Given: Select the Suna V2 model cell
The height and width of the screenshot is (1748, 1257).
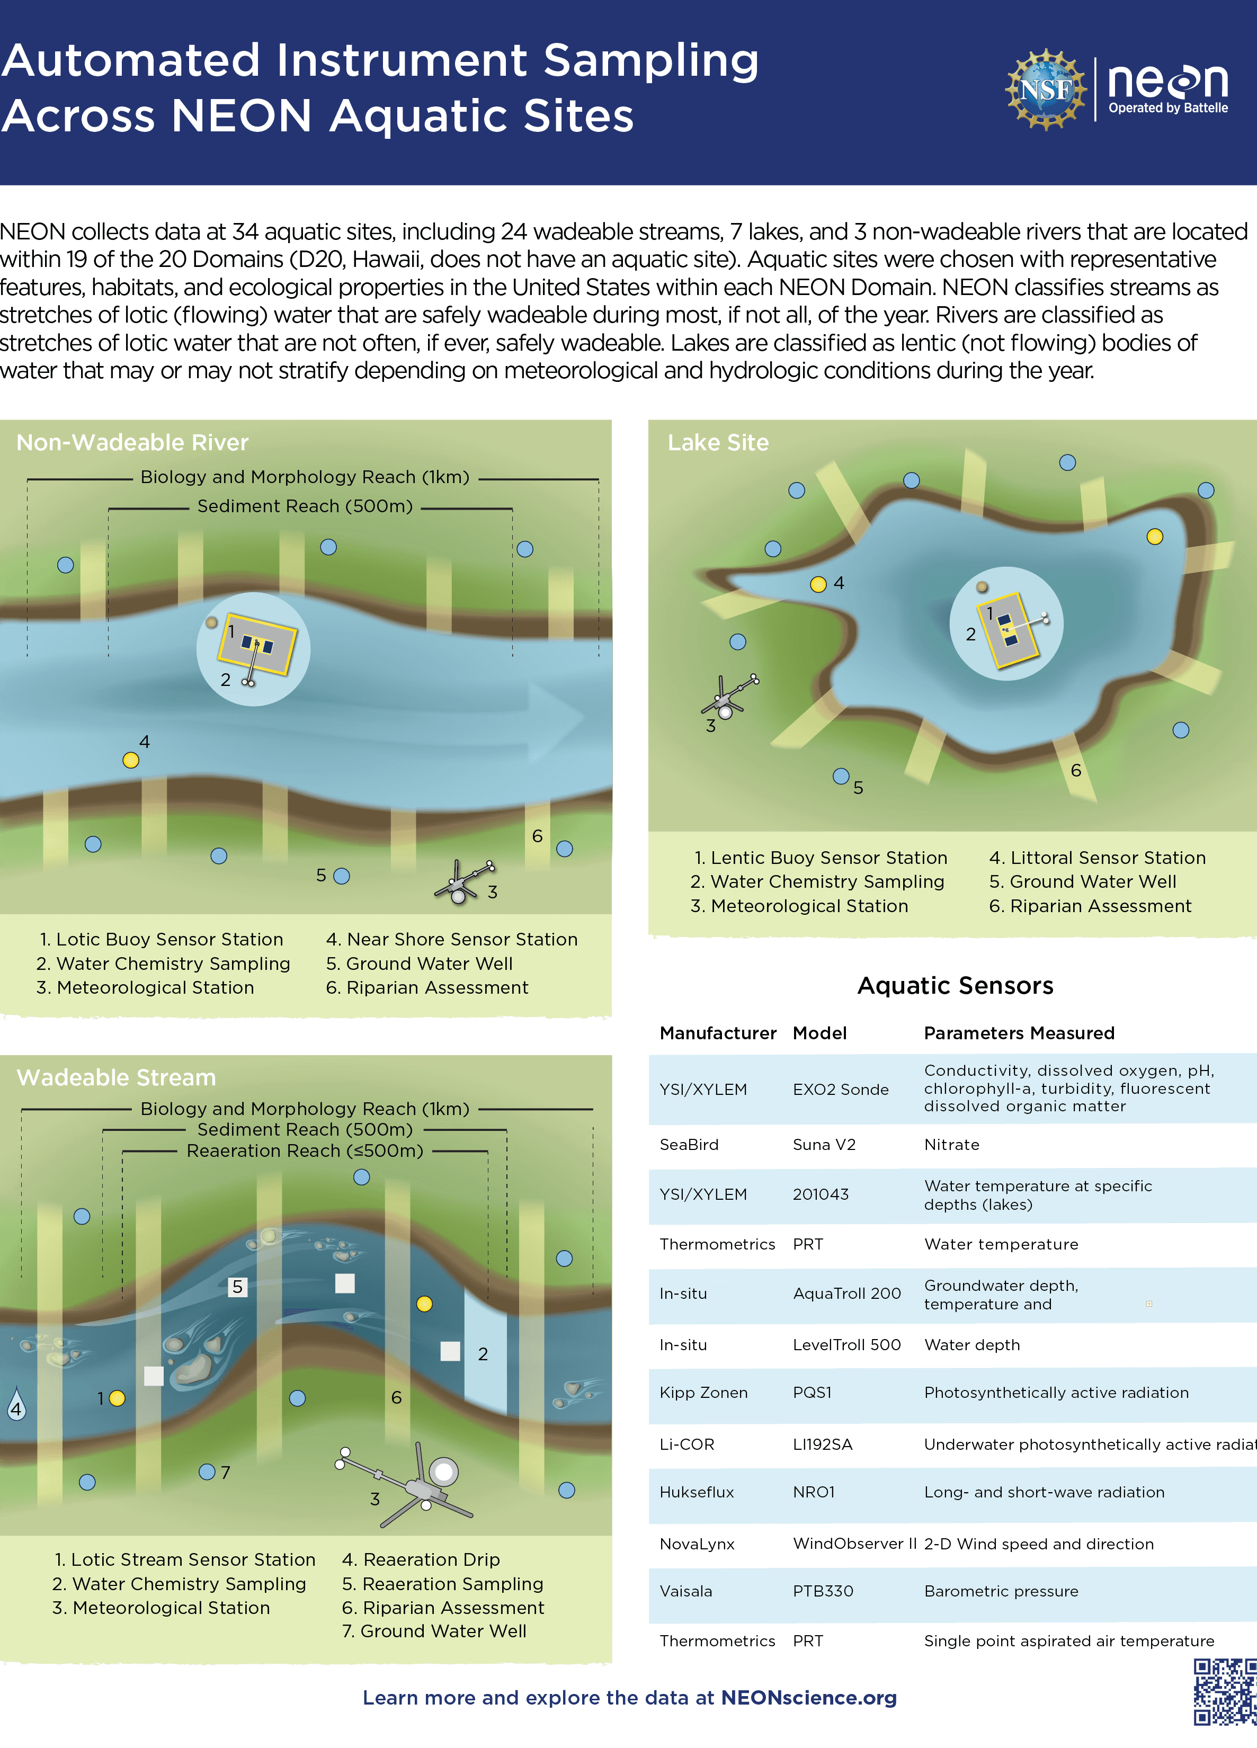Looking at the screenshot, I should (x=824, y=1145).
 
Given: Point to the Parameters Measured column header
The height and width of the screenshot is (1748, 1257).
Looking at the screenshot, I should (x=1019, y=1033).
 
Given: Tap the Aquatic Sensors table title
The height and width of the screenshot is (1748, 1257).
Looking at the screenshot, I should (x=955, y=985).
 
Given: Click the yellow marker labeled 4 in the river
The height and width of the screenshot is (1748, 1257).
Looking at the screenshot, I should (x=131, y=760).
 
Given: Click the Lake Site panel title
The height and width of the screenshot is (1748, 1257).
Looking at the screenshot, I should (x=718, y=442).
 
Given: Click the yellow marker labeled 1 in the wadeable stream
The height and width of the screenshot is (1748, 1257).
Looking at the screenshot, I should (x=117, y=1398).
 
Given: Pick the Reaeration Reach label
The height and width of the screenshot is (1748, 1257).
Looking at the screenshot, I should (x=305, y=1151).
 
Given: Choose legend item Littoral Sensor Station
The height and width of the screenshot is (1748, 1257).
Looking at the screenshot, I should (x=1098, y=858).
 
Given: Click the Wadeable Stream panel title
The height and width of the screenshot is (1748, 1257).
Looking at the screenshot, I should (x=117, y=1077).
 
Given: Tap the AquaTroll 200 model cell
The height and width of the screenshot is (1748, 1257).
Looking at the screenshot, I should (x=846, y=1294).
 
